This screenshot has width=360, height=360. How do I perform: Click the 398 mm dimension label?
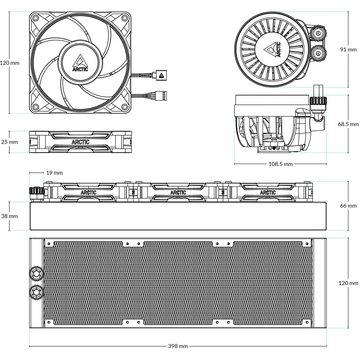coord(179,346)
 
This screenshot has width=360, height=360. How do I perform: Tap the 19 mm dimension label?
coord(55,173)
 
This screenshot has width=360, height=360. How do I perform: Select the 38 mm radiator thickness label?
coord(9,216)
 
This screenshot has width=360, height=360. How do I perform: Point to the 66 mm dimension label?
coord(349,206)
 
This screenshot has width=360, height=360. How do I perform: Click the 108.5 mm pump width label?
coord(280,164)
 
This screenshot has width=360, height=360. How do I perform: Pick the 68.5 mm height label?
coord(348,124)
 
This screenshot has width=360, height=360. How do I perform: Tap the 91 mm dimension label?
coord(348,50)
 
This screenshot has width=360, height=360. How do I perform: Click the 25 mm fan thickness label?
coord(9,142)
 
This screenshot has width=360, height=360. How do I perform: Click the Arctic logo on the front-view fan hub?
coord(80,62)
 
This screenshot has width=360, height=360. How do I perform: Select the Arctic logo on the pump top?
coord(273,49)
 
